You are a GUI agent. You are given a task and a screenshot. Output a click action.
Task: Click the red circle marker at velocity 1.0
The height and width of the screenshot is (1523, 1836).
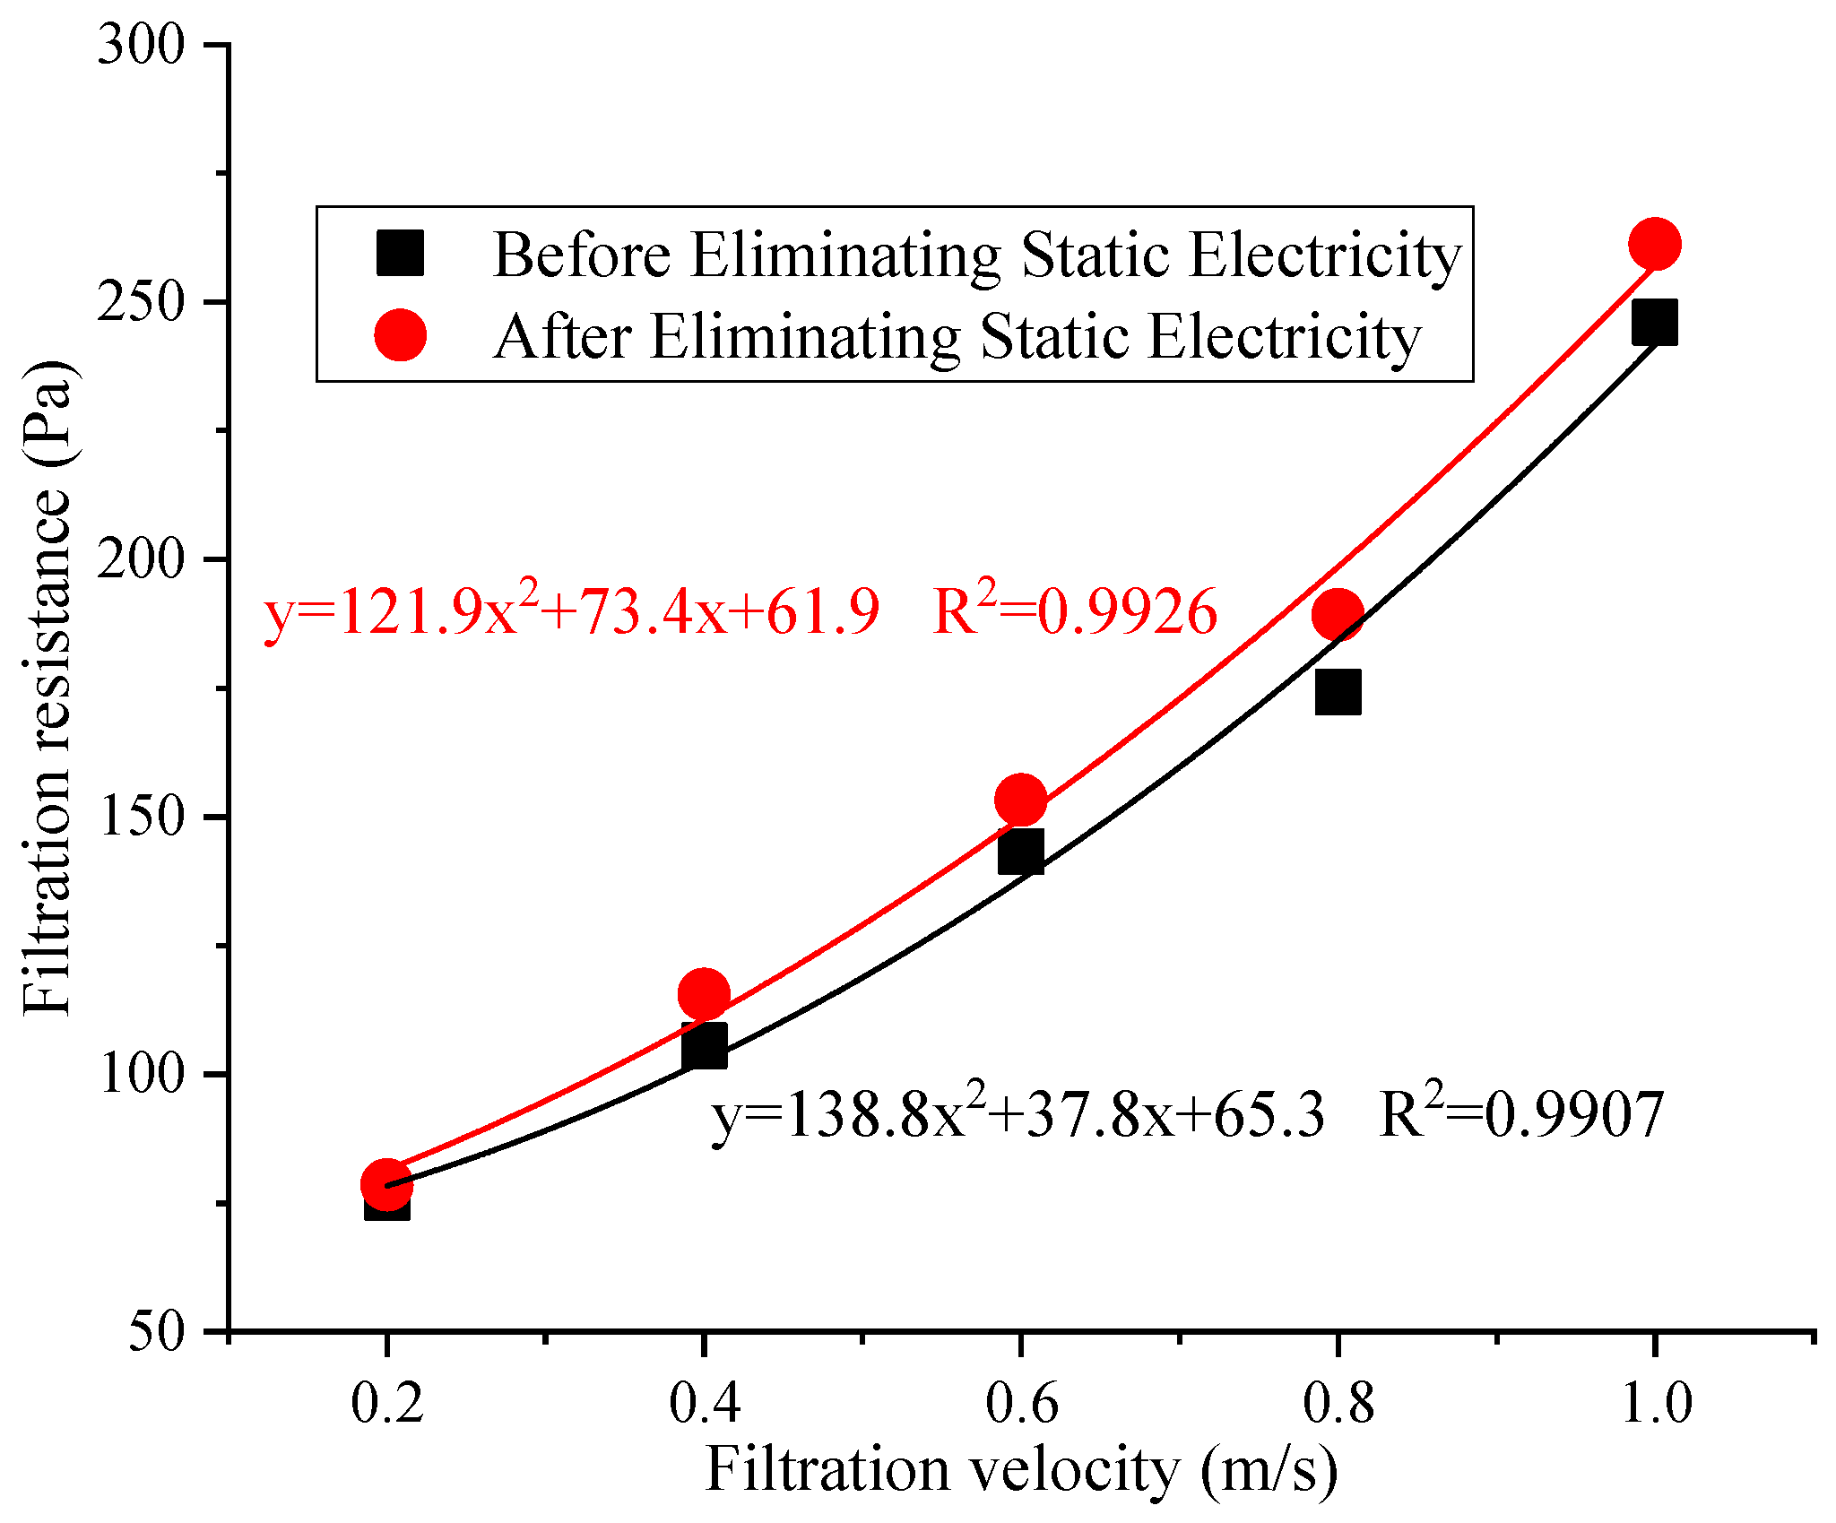point(1654,244)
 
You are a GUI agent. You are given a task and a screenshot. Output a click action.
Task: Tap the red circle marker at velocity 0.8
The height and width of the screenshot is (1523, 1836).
point(1338,614)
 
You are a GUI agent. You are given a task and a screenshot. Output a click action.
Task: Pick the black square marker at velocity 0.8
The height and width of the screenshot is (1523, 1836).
point(1338,691)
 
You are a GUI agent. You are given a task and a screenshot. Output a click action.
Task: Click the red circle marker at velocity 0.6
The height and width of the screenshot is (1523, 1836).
point(1020,799)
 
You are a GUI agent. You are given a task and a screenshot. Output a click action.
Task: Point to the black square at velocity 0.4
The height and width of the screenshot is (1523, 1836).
point(704,1046)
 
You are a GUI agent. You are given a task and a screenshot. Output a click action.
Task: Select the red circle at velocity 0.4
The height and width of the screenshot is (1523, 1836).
point(704,994)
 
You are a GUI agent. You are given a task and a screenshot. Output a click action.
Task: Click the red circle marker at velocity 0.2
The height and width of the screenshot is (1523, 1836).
point(386,1184)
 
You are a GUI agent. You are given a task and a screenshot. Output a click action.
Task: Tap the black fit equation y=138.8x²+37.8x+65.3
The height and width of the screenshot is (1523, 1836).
point(1018,1115)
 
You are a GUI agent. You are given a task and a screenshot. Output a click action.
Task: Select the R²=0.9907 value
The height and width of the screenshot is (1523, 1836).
point(1521,1115)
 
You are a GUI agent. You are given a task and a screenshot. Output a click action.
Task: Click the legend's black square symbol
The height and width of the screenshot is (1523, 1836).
point(400,254)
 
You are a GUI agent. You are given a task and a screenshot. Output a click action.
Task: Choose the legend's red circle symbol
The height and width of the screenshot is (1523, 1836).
point(400,336)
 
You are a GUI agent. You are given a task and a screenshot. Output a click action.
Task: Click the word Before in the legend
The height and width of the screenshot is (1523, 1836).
point(582,255)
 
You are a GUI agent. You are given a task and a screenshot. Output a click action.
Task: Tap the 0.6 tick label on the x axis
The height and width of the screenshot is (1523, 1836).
point(1021,1402)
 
